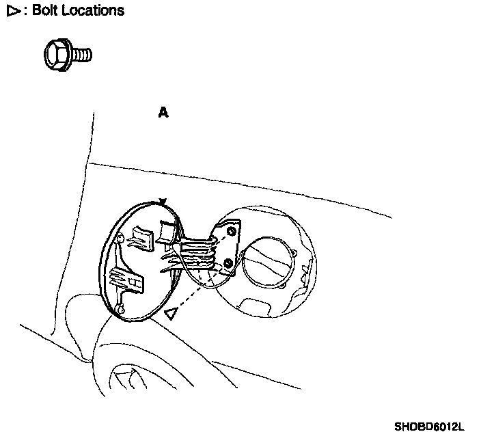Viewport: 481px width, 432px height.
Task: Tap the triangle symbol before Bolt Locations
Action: point(12,11)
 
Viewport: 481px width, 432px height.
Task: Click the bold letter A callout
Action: point(163,113)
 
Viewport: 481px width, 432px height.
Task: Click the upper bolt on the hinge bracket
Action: point(231,232)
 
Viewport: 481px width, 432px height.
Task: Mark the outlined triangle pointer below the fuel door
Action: point(171,313)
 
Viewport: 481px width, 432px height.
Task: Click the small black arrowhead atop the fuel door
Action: point(162,201)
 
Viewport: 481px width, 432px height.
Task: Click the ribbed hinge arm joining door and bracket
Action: point(198,252)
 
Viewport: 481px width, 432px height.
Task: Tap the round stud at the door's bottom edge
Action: point(122,309)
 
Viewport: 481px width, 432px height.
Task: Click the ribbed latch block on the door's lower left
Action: point(127,281)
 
